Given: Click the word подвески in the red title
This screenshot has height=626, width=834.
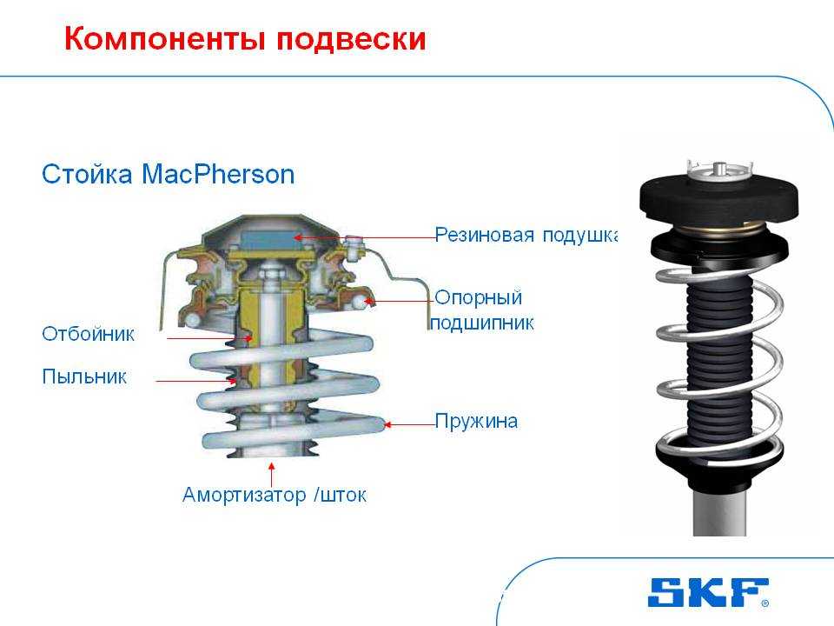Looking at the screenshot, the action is pyautogui.click(x=351, y=39).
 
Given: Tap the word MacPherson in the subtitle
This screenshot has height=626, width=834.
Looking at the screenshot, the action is pyautogui.click(x=218, y=174).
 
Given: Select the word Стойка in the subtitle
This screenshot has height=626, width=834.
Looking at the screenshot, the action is pyautogui.click(x=87, y=174).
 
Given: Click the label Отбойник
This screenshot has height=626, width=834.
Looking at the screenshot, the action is pyautogui.click(x=89, y=334).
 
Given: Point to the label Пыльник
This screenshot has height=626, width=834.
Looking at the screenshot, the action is pyautogui.click(x=84, y=376).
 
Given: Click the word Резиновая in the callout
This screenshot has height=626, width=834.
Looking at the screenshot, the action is pyautogui.click(x=484, y=234).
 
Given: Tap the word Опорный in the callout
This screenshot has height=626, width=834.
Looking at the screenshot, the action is pyautogui.click(x=478, y=297).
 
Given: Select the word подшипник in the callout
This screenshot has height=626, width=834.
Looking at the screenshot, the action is pyautogui.click(x=482, y=323).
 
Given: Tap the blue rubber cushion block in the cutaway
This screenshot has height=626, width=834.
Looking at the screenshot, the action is pyautogui.click(x=269, y=237).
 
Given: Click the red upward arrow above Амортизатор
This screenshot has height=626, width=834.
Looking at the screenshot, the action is pyautogui.click(x=272, y=475).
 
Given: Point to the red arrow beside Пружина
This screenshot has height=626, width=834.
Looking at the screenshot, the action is pyautogui.click(x=409, y=424).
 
